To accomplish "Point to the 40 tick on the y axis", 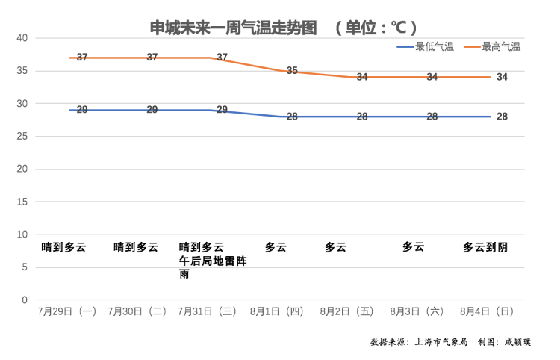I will (x=22, y=38).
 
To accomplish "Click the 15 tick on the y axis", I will (x=22, y=202).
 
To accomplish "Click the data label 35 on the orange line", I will (x=292, y=71).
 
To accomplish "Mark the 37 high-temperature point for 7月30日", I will (x=152, y=58).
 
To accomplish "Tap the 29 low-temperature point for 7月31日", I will (x=222, y=110).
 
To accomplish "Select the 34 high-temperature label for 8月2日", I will (x=362, y=77).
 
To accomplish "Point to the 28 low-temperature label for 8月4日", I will (x=502, y=117).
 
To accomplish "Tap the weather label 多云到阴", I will (x=485, y=247).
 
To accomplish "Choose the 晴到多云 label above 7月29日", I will (x=64, y=247).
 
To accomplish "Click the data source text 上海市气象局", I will (x=441, y=342).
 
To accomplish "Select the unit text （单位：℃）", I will (x=376, y=28).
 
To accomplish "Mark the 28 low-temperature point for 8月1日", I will (x=292, y=117).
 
